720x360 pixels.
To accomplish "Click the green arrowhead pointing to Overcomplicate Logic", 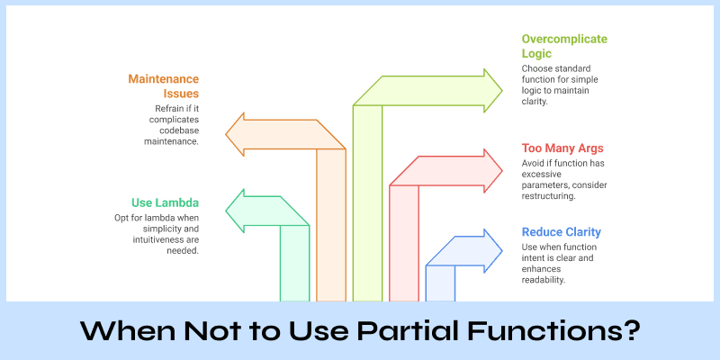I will coord(490,90).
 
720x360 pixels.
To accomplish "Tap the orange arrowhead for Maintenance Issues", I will coord(238,134).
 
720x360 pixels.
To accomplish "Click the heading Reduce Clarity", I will coord(562,231).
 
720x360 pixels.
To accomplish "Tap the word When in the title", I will coord(126,330).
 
